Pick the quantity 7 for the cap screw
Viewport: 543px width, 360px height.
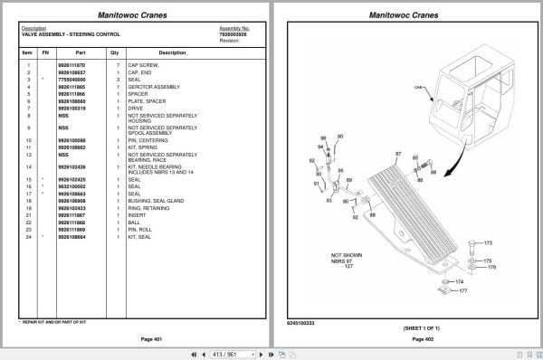point(117,65)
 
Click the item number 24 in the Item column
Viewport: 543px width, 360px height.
point(28,236)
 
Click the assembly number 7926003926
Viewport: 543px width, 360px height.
point(233,33)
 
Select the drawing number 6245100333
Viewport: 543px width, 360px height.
point(301,321)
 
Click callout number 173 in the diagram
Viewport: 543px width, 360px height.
point(489,243)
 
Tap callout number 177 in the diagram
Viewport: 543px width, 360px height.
point(462,292)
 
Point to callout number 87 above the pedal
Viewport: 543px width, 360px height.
point(397,156)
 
